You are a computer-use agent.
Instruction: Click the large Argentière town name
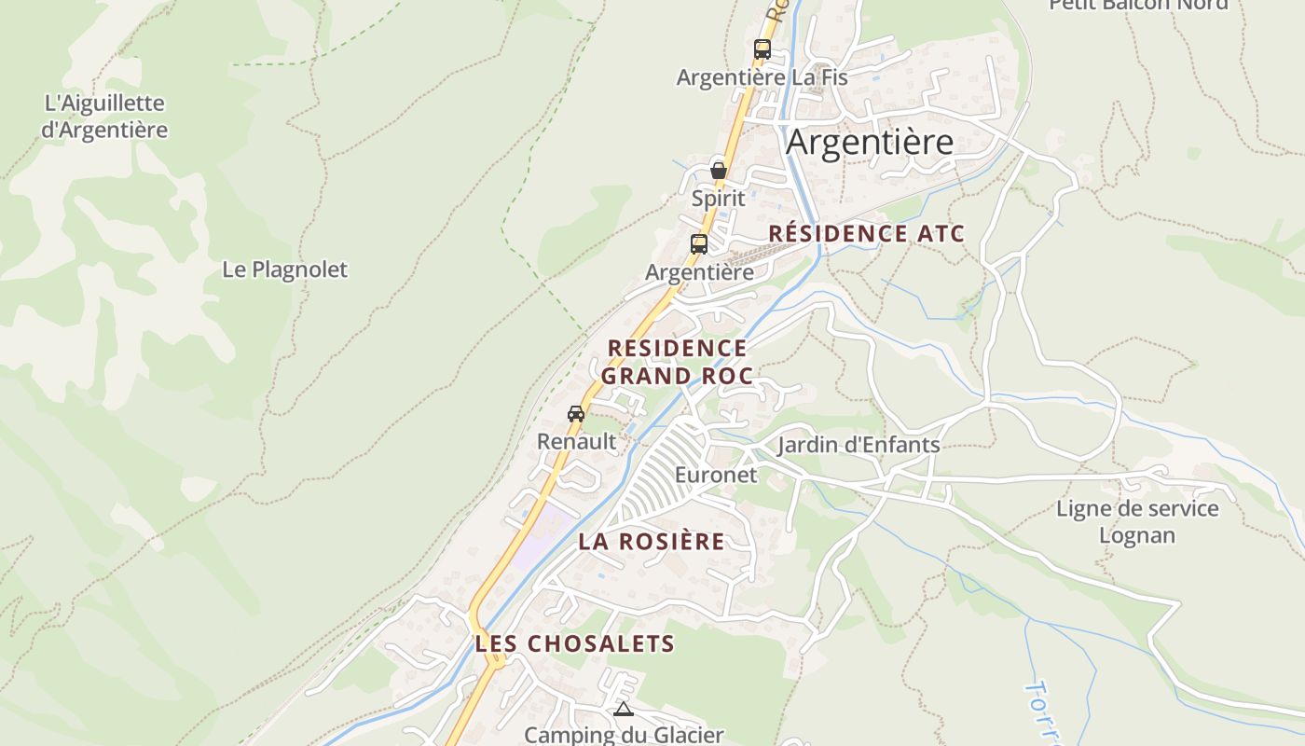tap(870, 143)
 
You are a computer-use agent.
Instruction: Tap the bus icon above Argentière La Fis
tap(762, 49)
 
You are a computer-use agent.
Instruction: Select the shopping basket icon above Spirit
tap(719, 171)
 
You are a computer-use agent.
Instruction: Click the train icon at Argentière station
tap(699, 244)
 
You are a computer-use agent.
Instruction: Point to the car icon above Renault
tap(576, 413)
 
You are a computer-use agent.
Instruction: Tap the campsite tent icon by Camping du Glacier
tap(624, 710)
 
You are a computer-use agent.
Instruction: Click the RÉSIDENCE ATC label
tap(866, 234)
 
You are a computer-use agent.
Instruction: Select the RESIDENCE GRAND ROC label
tap(677, 362)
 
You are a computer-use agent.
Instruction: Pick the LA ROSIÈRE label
tap(651, 542)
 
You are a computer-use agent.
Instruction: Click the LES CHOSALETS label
tap(574, 643)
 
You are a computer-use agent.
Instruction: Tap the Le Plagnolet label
tap(284, 269)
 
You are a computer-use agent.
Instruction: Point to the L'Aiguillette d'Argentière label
tap(104, 117)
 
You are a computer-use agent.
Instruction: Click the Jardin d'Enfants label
tap(859, 445)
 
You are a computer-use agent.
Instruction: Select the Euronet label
tap(716, 475)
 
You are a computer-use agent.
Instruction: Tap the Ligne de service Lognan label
tap(1136, 521)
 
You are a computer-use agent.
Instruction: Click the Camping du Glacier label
tap(624, 735)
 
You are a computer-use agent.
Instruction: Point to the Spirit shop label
tap(719, 198)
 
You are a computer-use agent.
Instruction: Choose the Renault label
tap(577, 441)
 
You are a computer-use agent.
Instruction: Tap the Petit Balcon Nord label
tap(1138, 5)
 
